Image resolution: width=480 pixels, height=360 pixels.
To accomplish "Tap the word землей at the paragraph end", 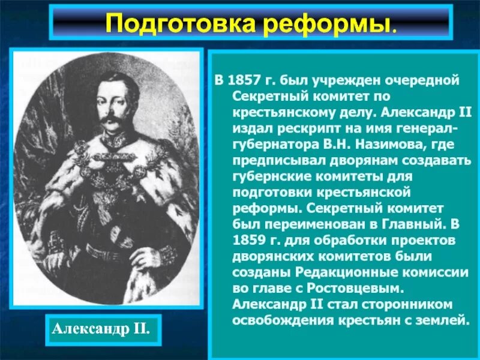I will point(443,319).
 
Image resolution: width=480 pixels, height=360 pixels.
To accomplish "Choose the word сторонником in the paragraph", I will point(407,304).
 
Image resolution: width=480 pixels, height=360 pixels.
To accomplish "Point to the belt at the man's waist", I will point(111,252).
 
